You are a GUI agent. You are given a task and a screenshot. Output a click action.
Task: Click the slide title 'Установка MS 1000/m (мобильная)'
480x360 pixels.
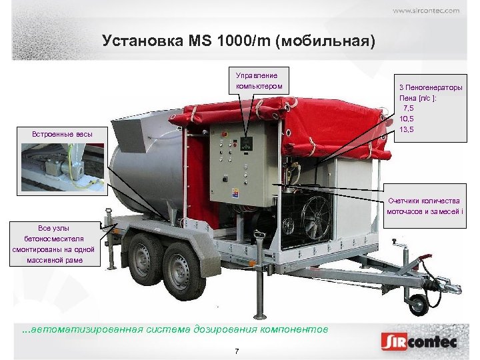click(x=239, y=41)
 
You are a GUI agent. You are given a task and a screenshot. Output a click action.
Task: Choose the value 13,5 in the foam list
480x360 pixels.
click(x=408, y=129)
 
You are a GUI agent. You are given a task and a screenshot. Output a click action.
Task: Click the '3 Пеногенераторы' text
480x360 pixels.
click(x=431, y=88)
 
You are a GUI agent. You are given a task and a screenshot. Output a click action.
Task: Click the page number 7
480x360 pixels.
click(x=237, y=351)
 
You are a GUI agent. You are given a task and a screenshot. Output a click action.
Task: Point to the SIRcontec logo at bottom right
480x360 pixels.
click(x=419, y=343)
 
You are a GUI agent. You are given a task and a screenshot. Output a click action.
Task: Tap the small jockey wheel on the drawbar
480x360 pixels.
click(x=418, y=304)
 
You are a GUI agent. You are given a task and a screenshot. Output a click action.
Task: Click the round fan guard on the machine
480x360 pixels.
click(x=315, y=217)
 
